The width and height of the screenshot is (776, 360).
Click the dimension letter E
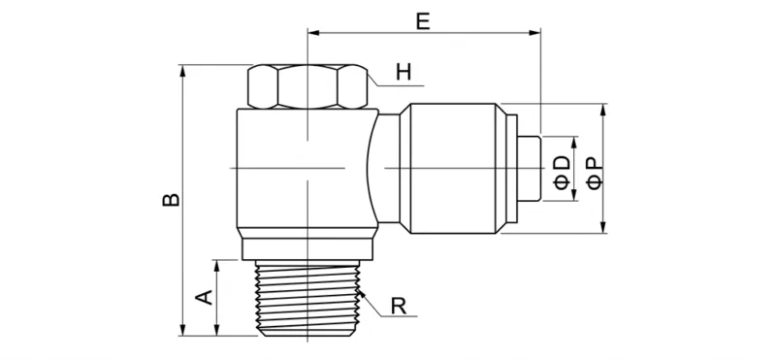click(422, 19)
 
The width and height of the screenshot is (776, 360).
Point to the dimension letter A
click(205, 296)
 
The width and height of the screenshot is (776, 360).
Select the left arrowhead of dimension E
click(313, 33)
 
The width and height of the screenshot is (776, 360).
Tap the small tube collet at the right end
click(528, 169)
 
